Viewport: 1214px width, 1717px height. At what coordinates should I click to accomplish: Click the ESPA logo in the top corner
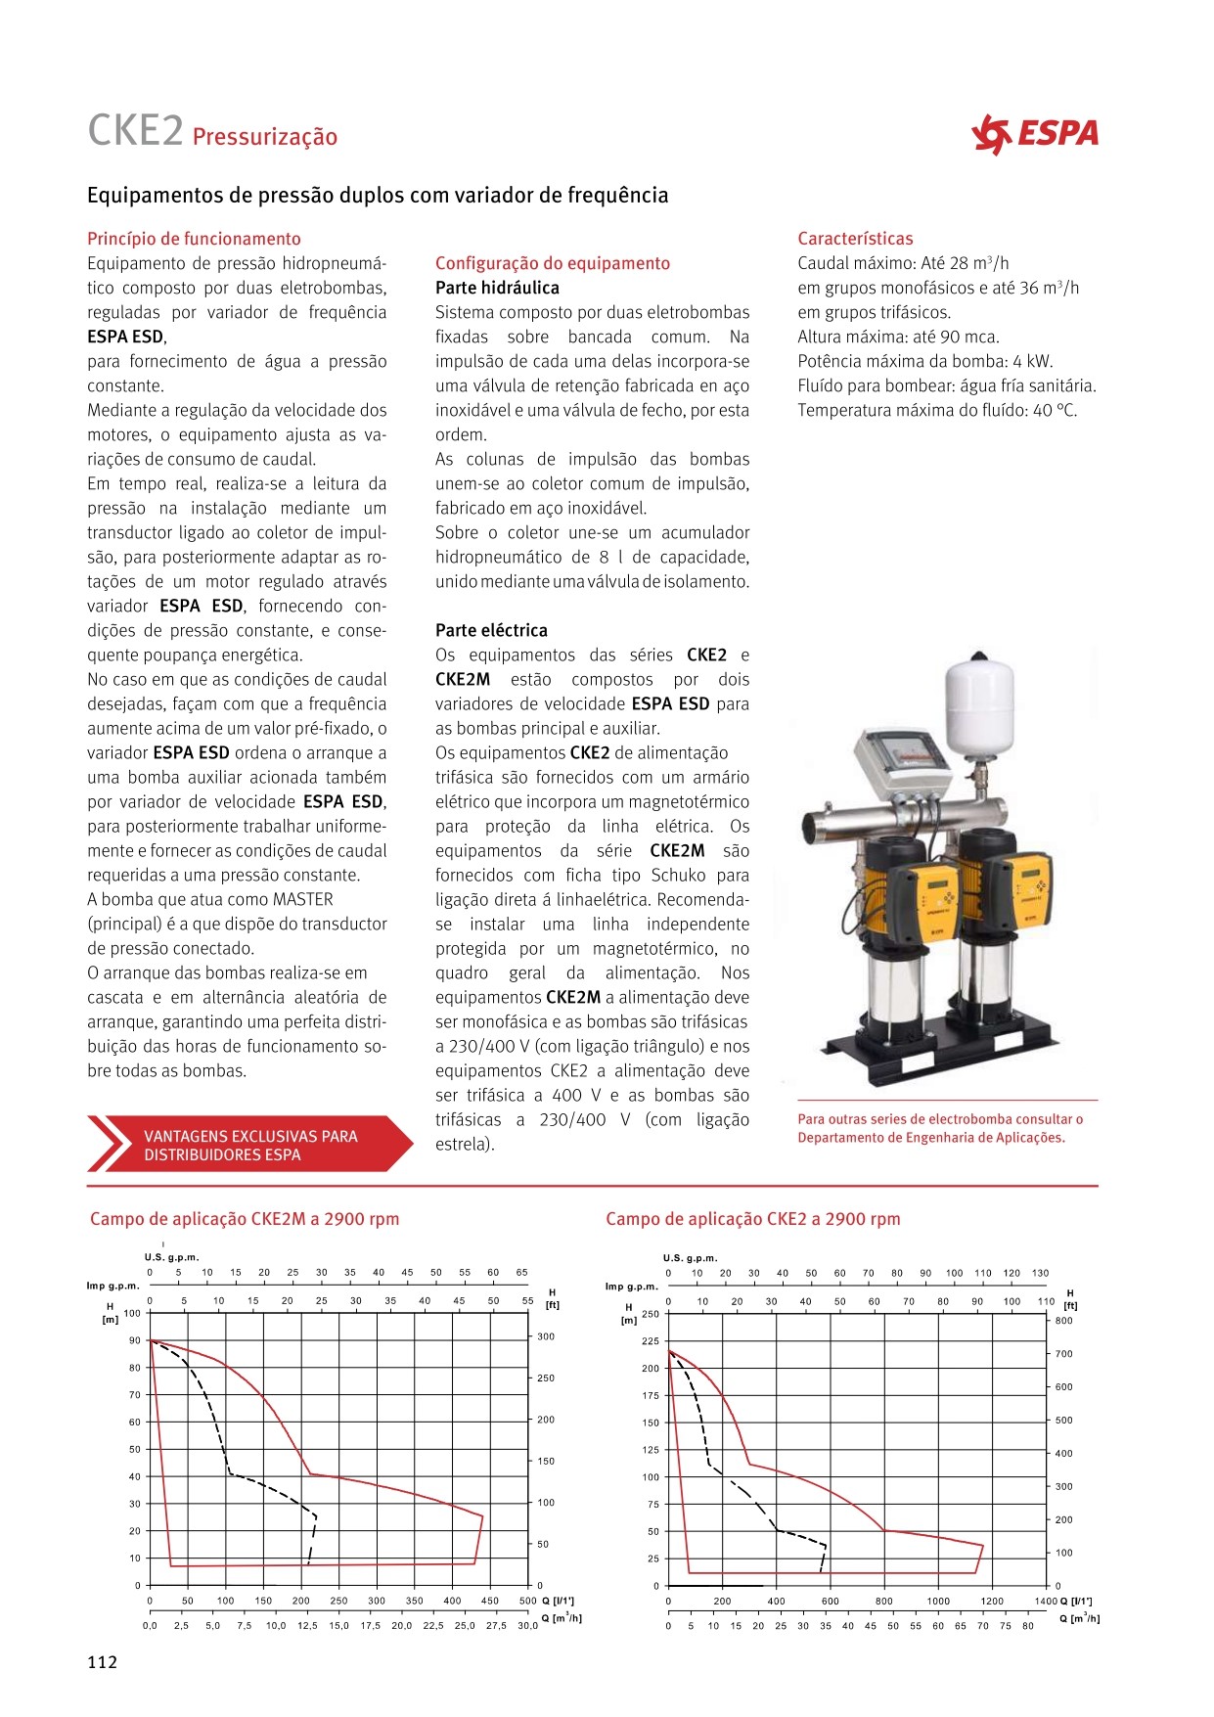tap(1035, 134)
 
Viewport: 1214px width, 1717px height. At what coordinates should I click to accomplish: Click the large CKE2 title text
tap(135, 131)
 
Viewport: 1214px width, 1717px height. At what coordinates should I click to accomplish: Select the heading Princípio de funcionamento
tap(194, 239)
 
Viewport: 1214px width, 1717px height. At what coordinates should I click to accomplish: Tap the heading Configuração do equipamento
tap(553, 263)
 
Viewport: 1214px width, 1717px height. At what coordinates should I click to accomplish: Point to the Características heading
tap(855, 239)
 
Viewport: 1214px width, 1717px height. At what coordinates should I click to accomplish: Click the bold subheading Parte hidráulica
tap(497, 288)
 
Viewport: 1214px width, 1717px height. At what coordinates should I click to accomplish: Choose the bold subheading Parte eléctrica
tap(491, 630)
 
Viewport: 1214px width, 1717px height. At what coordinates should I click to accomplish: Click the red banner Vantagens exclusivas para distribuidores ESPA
tap(249, 1145)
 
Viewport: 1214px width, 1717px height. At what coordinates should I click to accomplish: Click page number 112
tap(102, 1662)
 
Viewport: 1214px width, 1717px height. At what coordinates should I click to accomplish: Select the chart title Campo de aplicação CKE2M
tap(245, 1219)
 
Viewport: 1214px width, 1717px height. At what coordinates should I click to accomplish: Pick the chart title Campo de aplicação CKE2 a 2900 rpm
tap(752, 1219)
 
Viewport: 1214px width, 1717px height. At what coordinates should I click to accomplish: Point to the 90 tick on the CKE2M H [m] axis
tap(134, 1340)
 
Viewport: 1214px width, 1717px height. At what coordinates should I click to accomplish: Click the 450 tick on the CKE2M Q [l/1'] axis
tap(490, 1602)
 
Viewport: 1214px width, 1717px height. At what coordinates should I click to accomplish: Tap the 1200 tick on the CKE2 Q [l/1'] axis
tap(992, 1602)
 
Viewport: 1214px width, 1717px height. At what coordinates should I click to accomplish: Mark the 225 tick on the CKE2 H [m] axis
tap(651, 1341)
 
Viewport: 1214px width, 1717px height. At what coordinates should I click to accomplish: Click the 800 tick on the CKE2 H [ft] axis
tap(1063, 1321)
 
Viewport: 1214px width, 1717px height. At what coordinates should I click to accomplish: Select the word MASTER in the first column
tap(303, 899)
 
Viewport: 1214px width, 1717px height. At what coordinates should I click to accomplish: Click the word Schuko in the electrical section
tap(679, 875)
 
